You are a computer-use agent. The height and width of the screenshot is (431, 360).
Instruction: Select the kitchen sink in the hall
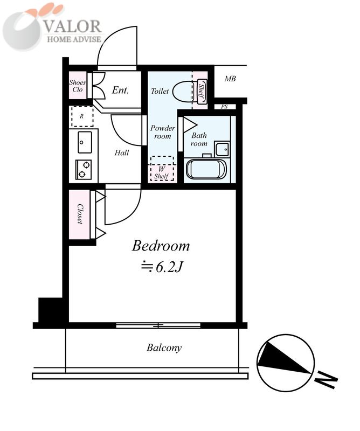click(85, 142)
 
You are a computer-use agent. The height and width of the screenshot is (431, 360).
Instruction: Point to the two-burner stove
click(84, 169)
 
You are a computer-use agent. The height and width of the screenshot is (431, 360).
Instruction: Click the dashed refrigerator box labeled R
click(82, 116)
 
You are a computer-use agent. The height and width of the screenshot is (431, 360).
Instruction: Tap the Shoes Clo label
click(77, 86)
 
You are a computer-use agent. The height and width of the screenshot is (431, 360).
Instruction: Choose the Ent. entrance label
click(120, 90)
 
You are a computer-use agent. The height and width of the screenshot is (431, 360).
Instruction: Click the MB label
click(230, 79)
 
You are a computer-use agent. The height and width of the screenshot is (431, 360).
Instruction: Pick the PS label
click(224, 107)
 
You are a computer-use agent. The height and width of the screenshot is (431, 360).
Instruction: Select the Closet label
click(80, 214)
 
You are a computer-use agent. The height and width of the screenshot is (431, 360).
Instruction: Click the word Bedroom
click(161, 246)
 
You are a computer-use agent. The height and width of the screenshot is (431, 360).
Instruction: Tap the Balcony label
click(164, 347)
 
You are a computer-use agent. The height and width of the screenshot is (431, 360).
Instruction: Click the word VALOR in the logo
click(73, 26)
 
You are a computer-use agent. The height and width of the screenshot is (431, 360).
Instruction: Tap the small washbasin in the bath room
click(222, 150)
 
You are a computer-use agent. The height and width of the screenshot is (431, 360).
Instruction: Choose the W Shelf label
click(162, 173)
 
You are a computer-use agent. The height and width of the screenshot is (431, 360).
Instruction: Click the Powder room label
click(163, 132)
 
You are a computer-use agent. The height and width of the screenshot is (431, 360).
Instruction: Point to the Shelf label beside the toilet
click(202, 91)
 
